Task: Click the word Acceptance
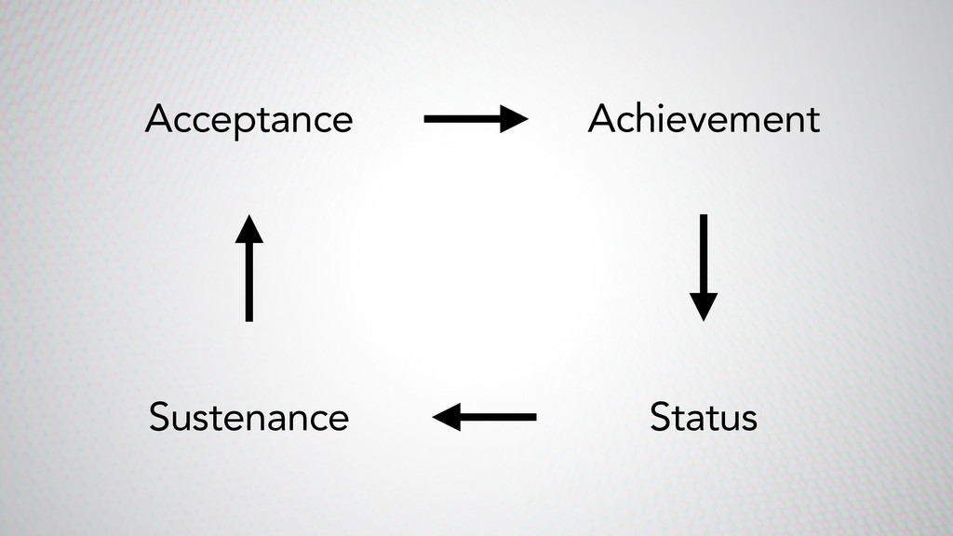(x=248, y=120)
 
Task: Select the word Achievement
(x=704, y=120)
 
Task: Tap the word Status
(x=704, y=417)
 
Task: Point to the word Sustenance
(x=248, y=417)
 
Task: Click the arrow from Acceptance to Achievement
(x=475, y=119)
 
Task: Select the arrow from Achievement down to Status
(x=704, y=266)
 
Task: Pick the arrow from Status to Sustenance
(x=485, y=417)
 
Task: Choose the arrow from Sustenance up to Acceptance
(x=248, y=268)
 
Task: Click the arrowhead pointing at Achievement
(x=514, y=119)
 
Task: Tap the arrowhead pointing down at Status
(x=704, y=306)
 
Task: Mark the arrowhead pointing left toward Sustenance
(x=448, y=417)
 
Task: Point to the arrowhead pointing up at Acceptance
(x=248, y=229)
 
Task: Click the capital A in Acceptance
(x=157, y=120)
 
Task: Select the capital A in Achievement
(x=600, y=120)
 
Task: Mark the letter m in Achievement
(x=758, y=123)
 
